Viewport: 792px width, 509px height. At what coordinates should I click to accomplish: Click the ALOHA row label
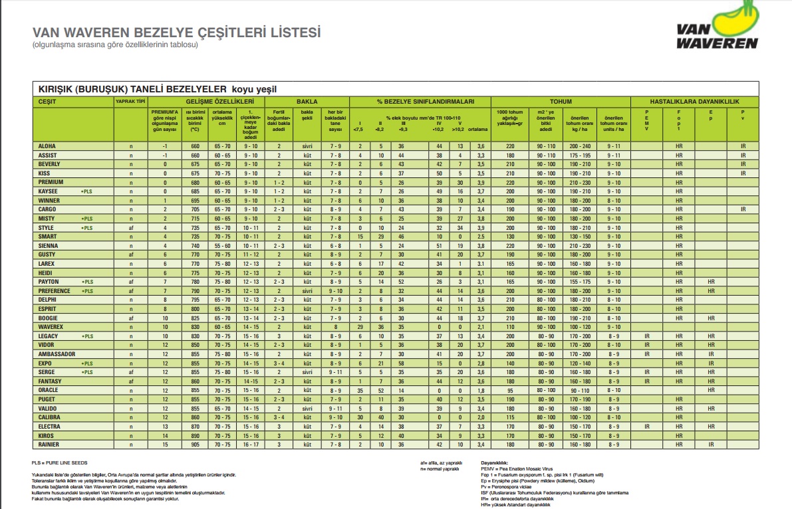(47, 146)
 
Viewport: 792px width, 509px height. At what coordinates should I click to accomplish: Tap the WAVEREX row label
(51, 327)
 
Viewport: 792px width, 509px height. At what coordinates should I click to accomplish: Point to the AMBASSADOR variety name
(57, 354)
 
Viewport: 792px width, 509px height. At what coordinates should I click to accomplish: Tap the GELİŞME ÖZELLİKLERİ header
(220, 102)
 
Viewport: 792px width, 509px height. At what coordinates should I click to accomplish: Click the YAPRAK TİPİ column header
(130, 102)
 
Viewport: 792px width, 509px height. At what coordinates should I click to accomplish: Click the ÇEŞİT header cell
(47, 102)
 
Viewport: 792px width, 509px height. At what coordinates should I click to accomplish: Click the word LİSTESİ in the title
(289, 33)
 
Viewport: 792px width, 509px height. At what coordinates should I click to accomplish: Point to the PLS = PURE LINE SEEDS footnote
(59, 462)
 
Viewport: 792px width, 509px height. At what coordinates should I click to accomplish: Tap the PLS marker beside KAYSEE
(86, 191)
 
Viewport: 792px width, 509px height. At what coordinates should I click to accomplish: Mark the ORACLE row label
(49, 390)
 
